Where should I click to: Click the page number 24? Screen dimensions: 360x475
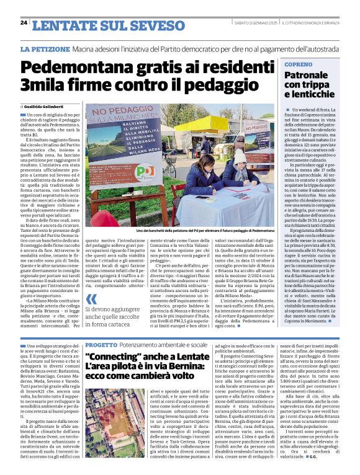pyautogui.click(x=24, y=23)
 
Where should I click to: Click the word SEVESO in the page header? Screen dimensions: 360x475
pyautogui.click(x=146, y=24)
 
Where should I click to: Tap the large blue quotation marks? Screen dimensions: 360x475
pyautogui.click(x=91, y=301)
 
